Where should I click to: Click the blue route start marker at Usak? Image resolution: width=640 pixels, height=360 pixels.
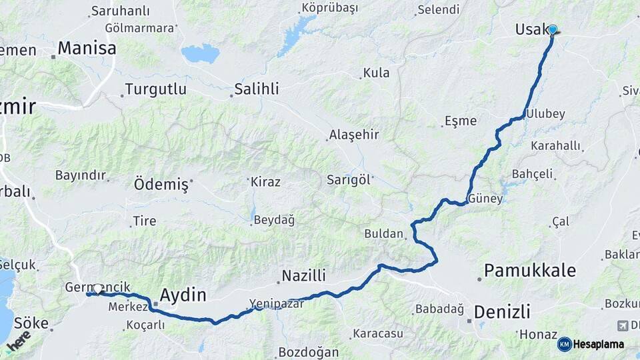[x=552, y=29]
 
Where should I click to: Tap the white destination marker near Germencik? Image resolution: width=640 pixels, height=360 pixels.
[x=98, y=289]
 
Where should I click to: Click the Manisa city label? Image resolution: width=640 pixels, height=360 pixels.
[x=87, y=48]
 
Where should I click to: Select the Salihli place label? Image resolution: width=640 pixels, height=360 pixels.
[x=257, y=89]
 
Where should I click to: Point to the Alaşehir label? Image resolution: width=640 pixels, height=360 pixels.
[x=354, y=135]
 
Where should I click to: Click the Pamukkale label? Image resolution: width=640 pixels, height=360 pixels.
[x=529, y=270]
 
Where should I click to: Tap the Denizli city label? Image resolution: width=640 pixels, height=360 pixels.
[x=502, y=311]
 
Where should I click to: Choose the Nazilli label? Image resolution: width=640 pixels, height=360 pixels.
[x=303, y=275]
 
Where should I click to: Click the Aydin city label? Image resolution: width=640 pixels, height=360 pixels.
[x=183, y=295]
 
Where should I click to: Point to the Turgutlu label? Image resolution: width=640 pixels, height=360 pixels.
[x=155, y=89]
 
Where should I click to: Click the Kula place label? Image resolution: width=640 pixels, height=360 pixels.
[x=376, y=73]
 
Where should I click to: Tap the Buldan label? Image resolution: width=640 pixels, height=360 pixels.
[x=384, y=234]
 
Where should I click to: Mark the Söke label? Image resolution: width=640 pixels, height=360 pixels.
[x=31, y=323]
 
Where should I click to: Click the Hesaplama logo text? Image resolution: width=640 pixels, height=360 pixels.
[x=598, y=344]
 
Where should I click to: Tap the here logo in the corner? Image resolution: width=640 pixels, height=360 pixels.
[x=19, y=340]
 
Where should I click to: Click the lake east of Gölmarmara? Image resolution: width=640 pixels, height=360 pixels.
[x=200, y=53]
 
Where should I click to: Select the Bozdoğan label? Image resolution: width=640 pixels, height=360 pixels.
[x=309, y=352]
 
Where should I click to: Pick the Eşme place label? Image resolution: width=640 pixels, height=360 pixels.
[x=461, y=121]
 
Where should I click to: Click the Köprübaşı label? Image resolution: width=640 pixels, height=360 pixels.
[x=329, y=8]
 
